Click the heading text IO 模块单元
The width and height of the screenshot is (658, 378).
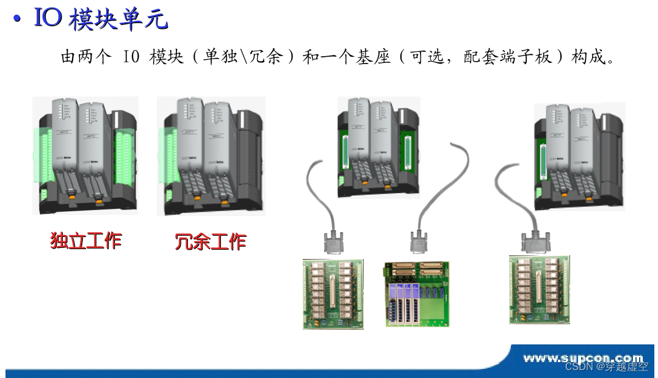(x=100, y=20)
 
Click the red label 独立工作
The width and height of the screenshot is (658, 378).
(x=86, y=241)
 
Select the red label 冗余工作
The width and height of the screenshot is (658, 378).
(x=211, y=241)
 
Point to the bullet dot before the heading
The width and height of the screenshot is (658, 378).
(x=18, y=20)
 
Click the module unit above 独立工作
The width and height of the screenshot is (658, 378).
(x=85, y=155)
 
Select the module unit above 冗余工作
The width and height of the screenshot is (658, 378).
(x=212, y=155)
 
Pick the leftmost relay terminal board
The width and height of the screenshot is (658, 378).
(x=333, y=294)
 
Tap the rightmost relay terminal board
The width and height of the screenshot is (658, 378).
(x=539, y=290)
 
